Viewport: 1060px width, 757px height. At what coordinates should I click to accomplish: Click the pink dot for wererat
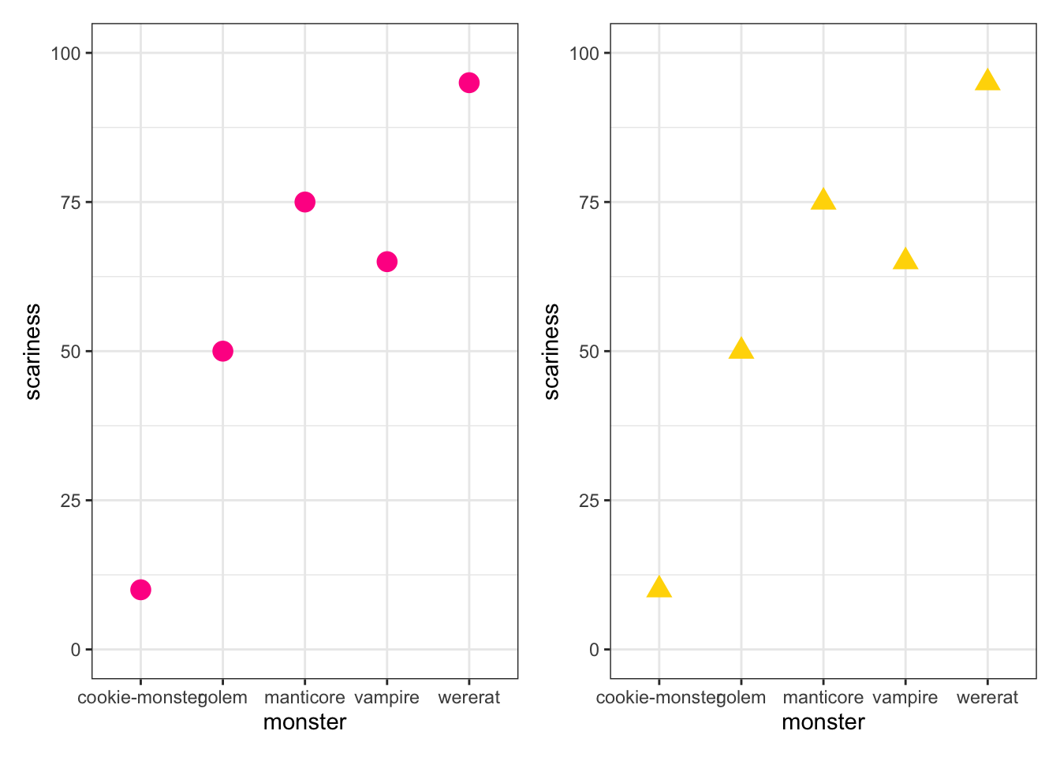coord(469,83)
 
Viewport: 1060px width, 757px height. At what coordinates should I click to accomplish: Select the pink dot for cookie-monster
coord(140,590)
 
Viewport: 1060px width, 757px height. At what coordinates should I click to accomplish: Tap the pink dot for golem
coord(222,351)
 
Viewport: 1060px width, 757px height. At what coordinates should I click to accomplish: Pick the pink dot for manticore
coord(304,202)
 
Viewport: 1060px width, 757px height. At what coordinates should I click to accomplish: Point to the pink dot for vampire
coord(386,262)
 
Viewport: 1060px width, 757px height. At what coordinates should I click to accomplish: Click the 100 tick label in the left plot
coord(66,54)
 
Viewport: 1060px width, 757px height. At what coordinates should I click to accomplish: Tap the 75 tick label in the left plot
coord(71,203)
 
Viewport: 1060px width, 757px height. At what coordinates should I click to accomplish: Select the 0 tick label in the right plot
coord(594,650)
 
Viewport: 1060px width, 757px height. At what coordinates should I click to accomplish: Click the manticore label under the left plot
coord(304,698)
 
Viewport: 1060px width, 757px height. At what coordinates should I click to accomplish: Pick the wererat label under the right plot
coord(987,698)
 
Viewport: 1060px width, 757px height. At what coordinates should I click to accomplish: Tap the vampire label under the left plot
coord(386,698)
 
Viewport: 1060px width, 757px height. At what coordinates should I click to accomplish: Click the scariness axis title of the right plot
coord(551,352)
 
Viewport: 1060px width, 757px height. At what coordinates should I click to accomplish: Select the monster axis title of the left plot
coord(304,722)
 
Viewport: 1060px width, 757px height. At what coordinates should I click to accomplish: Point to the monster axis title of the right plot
coord(823,722)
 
